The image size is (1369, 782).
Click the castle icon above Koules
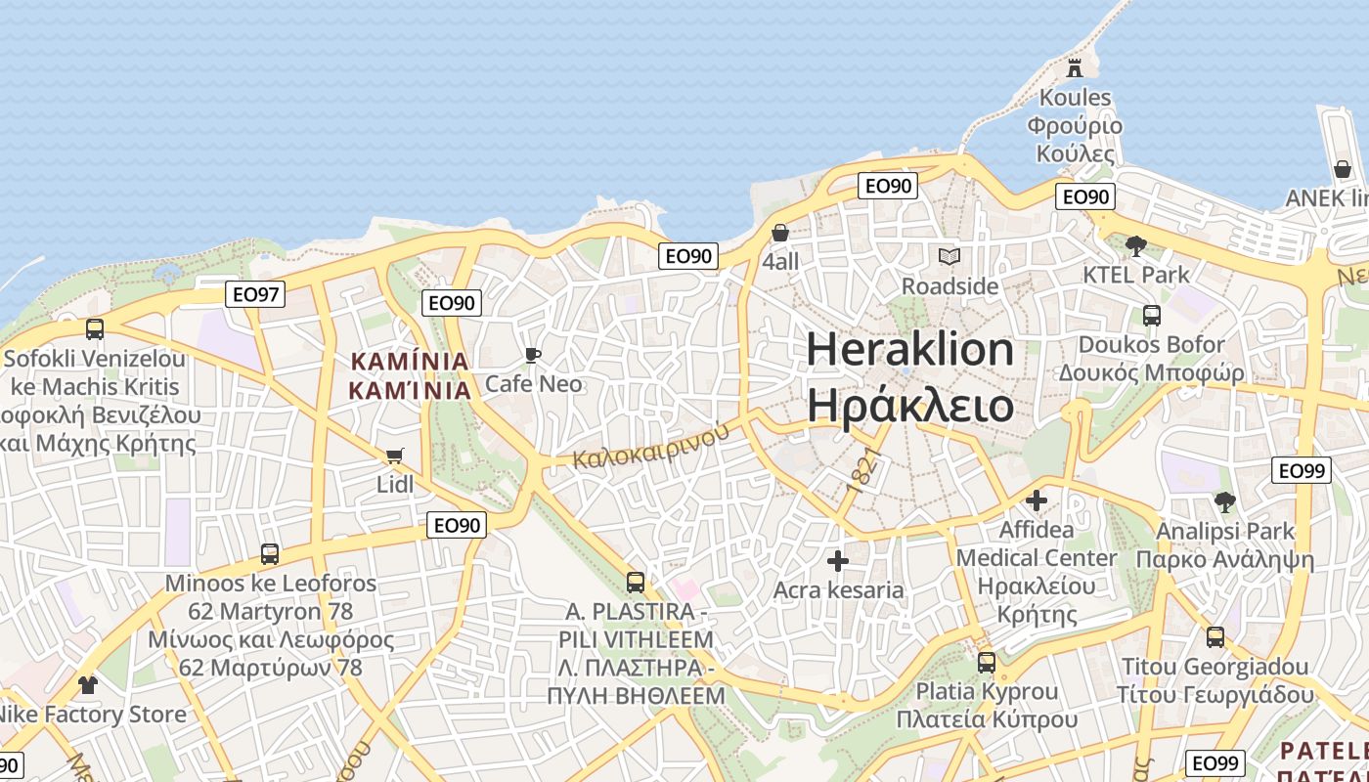pyautogui.click(x=1075, y=67)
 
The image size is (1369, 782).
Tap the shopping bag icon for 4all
pyautogui.click(x=780, y=233)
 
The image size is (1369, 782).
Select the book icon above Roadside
pyautogui.click(x=949, y=257)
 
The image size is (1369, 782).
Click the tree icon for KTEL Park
pyautogui.click(x=1135, y=245)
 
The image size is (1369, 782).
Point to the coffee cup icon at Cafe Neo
pyautogui.click(x=533, y=355)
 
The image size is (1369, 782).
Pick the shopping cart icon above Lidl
pyautogui.click(x=395, y=456)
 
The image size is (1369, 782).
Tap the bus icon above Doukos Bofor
pyautogui.click(x=1151, y=316)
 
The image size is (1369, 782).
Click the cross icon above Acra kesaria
pyautogui.click(x=838, y=561)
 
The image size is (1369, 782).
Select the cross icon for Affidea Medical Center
pyautogui.click(x=1036, y=501)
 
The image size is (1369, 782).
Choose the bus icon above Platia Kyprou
pyautogui.click(x=986, y=662)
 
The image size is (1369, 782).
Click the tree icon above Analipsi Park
pyautogui.click(x=1224, y=502)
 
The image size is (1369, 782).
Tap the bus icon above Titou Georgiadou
pyautogui.click(x=1214, y=637)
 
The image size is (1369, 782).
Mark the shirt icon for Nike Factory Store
pyautogui.click(x=88, y=684)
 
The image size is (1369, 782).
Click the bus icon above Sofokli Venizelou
pyautogui.click(x=94, y=328)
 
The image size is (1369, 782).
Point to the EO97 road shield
pyautogui.click(x=254, y=293)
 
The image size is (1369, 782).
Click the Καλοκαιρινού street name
pyautogui.click(x=651, y=445)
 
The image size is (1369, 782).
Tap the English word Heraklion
pyautogui.click(x=910, y=350)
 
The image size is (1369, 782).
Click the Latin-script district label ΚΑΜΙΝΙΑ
pyautogui.click(x=410, y=362)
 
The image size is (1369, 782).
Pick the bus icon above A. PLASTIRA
pyautogui.click(x=636, y=583)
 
